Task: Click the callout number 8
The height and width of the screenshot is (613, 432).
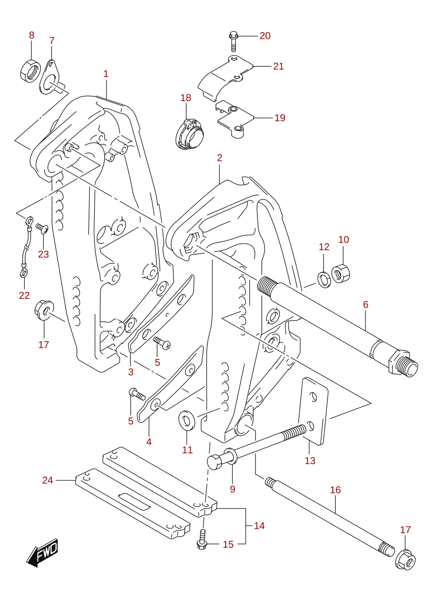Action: tap(32, 35)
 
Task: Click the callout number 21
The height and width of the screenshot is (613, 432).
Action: tap(278, 66)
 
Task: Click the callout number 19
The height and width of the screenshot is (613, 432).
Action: tap(280, 118)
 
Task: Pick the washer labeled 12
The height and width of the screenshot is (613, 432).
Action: tap(324, 280)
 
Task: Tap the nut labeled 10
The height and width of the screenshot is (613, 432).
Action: tap(341, 273)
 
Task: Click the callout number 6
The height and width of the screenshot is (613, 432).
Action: tap(365, 304)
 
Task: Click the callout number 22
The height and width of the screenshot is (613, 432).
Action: tap(24, 296)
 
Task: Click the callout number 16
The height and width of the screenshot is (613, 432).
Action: tap(335, 490)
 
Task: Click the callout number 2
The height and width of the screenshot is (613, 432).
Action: tap(219, 158)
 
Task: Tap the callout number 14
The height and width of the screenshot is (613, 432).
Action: tap(259, 526)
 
